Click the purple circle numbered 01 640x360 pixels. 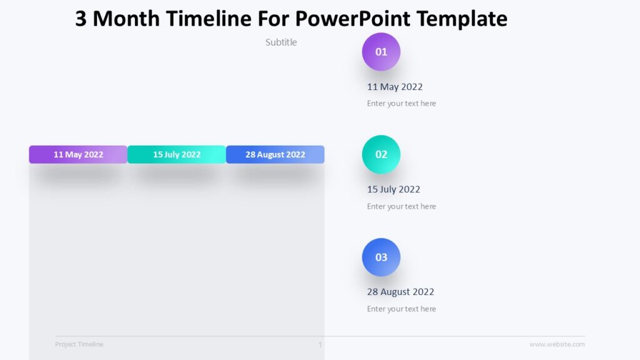pos(381,52)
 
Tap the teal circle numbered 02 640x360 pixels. pos(381,154)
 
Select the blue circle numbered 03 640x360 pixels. pos(381,257)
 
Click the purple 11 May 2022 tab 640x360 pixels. pos(78,154)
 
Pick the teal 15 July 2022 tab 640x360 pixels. pos(177,154)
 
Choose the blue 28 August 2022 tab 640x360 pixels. pos(275,154)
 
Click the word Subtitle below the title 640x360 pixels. pos(281,42)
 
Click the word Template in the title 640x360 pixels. pos(462,19)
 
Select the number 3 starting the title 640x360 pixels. pos(81,19)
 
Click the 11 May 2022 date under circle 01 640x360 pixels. pos(395,87)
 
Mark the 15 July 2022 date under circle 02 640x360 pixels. pos(394,189)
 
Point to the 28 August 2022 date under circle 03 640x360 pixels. pos(401,292)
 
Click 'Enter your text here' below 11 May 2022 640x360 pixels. pos(401,104)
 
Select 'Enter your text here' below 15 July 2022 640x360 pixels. pos(401,206)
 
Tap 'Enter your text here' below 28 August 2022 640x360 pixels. pos(401,309)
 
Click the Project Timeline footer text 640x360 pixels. pos(79,344)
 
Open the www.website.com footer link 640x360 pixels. pos(557,344)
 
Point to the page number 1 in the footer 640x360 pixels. pos(321,344)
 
